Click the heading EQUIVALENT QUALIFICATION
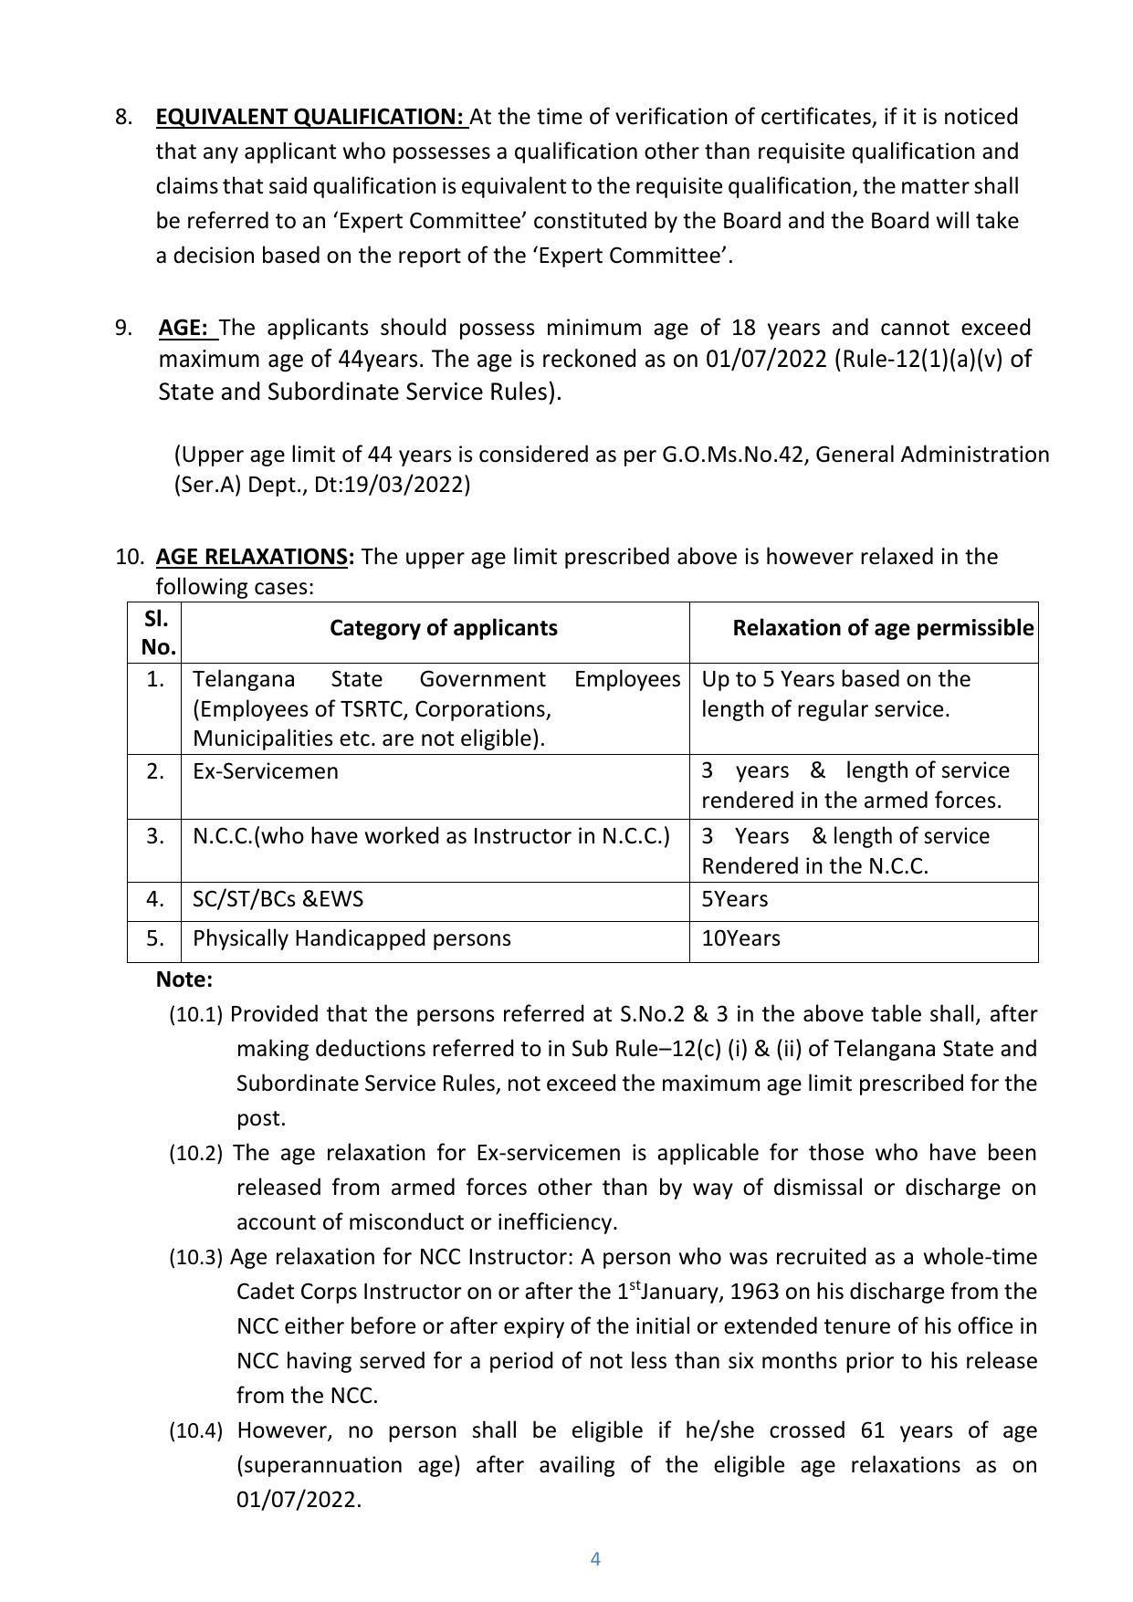click(x=310, y=117)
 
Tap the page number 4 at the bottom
click(x=595, y=1559)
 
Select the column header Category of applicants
click(x=443, y=628)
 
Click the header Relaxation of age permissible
click(x=882, y=628)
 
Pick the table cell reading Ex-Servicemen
click(x=266, y=771)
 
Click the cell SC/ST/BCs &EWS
click(x=278, y=899)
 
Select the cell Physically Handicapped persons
click(x=351, y=938)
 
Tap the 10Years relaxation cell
click(x=740, y=938)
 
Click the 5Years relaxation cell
click(x=734, y=899)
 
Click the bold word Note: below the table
click(x=184, y=979)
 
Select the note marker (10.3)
click(x=195, y=1258)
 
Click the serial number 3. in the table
click(x=155, y=836)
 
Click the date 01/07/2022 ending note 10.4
click(x=298, y=1499)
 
